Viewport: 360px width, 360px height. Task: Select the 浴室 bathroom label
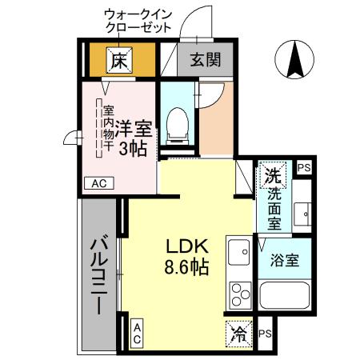(x=285, y=260)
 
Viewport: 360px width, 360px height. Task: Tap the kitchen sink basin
(x=239, y=255)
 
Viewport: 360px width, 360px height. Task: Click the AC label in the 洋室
(x=99, y=183)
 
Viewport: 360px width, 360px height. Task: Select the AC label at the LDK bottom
(x=137, y=334)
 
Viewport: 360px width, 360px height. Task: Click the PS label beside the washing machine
(x=303, y=167)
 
